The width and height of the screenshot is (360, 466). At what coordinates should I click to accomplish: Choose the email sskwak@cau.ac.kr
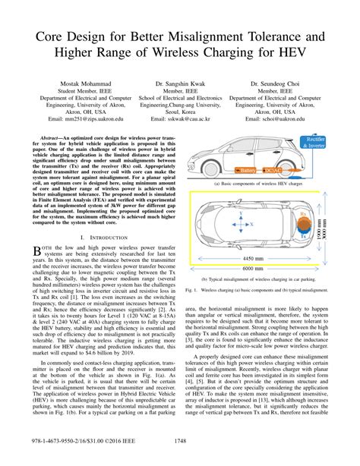[x=181, y=119]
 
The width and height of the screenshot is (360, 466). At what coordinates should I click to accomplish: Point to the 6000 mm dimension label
[x=252, y=269]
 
